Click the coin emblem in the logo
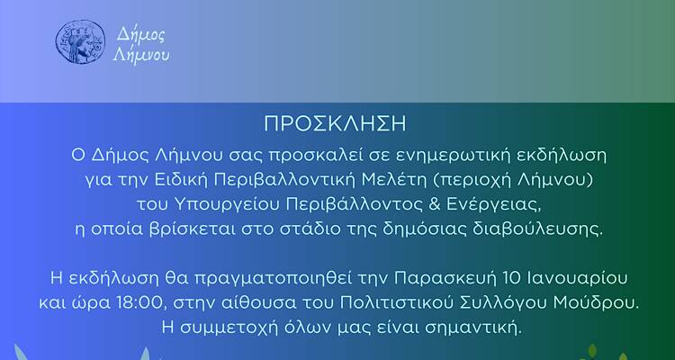(75, 41)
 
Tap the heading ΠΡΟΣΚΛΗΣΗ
(337, 122)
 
